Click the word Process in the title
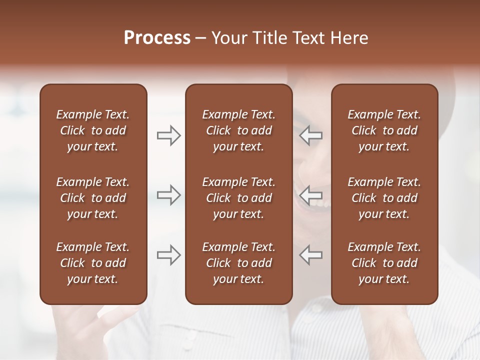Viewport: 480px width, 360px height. [157, 38]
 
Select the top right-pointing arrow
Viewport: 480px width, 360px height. [168, 135]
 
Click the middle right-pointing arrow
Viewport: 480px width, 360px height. [168, 194]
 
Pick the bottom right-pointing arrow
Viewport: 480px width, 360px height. [168, 254]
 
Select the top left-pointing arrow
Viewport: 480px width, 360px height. [311, 135]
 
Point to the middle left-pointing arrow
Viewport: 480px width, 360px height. [311, 194]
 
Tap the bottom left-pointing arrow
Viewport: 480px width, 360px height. [311, 254]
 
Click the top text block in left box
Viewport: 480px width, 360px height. [93, 130]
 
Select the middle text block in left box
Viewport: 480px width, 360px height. [93, 198]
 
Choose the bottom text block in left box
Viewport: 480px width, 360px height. [93, 263]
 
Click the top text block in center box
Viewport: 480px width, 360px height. [238, 130]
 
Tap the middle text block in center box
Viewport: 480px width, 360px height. [238, 198]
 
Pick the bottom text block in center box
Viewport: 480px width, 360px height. [238, 263]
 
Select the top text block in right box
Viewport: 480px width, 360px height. [384, 130]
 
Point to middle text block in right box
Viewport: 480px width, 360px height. [384, 198]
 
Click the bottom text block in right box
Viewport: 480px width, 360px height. [384, 263]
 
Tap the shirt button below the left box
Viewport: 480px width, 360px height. [189, 334]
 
